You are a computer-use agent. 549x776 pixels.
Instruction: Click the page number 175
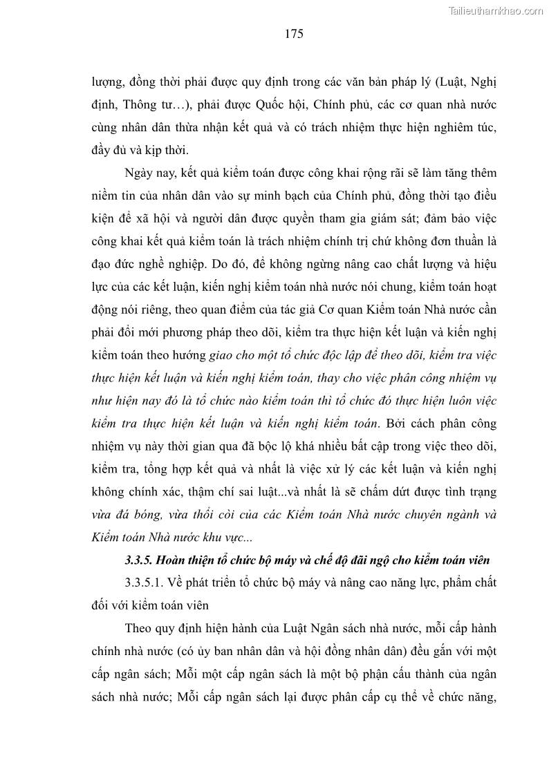tap(294, 34)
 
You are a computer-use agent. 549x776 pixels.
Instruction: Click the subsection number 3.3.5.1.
tap(147, 583)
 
